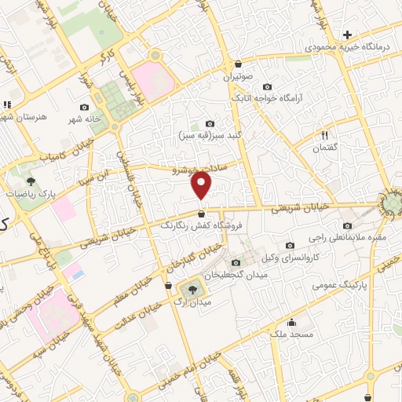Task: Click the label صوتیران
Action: [x=238, y=79]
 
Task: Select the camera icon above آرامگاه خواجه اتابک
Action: [x=267, y=86]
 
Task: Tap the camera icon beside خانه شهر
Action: [x=84, y=107]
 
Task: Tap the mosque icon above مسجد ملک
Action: [x=291, y=321]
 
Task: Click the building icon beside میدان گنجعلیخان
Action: [x=236, y=262]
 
